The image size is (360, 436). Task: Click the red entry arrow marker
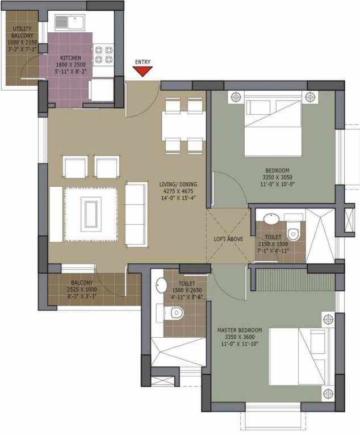click(143, 71)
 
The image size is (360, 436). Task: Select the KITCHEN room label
click(70, 58)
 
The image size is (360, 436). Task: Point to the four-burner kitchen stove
click(102, 53)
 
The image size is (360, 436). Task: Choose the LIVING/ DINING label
click(177, 184)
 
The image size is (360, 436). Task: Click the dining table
click(183, 125)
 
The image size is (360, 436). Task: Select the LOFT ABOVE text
click(228, 239)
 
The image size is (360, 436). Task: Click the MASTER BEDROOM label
click(240, 330)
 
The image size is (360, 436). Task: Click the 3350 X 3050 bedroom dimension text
click(278, 177)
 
